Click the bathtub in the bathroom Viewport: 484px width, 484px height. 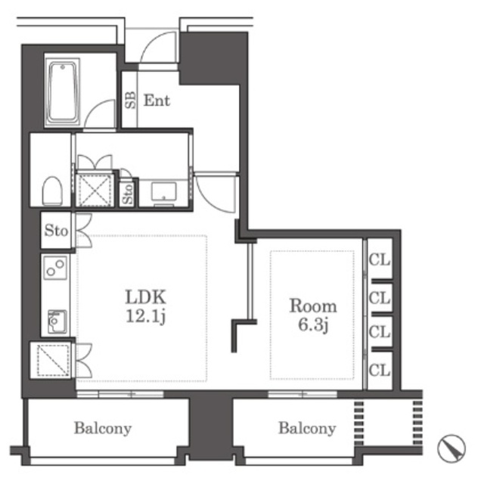coord(62,92)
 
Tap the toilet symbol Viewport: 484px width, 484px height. coord(52,191)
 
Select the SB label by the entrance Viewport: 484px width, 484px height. coord(130,100)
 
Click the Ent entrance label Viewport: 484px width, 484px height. coord(157,101)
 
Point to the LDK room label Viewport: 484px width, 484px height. coord(146,296)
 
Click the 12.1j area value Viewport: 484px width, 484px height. coord(146,316)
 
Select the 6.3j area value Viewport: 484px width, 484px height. coord(312,324)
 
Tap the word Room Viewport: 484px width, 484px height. coord(313,306)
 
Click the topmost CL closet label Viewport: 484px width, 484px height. coord(380,260)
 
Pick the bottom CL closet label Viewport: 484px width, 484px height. coord(380,370)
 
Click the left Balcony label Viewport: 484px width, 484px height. coord(103,429)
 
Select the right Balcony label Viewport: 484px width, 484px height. coord(307,429)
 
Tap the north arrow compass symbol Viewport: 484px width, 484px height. coord(451,448)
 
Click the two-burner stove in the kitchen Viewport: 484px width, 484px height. coord(55,268)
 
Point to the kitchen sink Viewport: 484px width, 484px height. coord(57,321)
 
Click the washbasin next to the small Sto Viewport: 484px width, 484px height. coord(163,192)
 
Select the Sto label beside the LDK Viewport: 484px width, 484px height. coord(56,231)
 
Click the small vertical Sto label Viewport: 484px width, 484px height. coord(128,194)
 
